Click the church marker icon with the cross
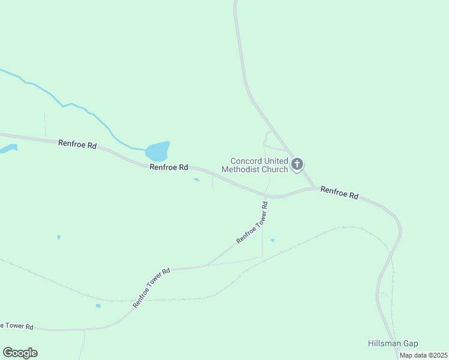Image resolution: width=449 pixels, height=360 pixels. point(297,164)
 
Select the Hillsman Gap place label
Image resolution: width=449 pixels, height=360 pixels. point(393,343)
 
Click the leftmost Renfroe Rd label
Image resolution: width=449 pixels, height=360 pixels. point(77,145)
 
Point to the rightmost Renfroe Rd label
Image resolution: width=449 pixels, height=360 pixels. point(339,193)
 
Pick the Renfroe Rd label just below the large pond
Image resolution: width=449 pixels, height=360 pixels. point(169,167)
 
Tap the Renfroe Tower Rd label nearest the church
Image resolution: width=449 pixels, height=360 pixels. point(252,222)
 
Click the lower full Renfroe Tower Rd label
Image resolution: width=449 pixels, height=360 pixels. point(151,287)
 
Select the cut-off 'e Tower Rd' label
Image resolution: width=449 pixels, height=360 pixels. point(17,326)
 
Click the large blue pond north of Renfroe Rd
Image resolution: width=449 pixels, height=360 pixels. point(158,151)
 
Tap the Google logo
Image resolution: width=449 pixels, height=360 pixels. point(20,353)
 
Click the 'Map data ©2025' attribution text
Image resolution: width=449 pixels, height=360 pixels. point(423,355)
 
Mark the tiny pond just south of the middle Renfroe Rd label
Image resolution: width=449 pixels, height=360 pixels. point(196,179)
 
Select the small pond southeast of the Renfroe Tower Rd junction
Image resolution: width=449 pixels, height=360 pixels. point(273,241)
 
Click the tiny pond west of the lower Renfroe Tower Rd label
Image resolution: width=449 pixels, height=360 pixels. point(98,306)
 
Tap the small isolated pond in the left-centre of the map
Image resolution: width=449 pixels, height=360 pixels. point(58,237)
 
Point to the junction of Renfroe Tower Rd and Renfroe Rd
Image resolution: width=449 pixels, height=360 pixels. point(266,196)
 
